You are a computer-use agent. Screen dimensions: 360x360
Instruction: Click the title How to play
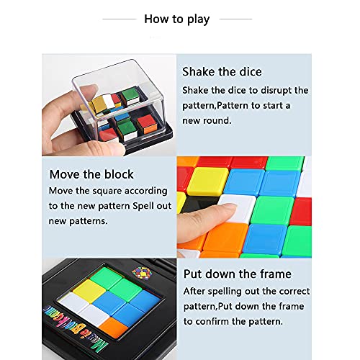point(177,19)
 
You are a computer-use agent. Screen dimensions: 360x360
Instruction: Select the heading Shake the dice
point(222,72)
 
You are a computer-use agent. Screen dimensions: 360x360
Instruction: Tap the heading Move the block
point(91,174)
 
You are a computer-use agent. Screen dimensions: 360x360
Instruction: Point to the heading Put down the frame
point(238,274)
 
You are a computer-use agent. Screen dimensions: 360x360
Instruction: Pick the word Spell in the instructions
point(143,206)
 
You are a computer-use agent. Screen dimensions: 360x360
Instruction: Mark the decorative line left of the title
point(120,19)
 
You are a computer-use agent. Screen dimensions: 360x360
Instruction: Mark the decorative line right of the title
point(235,19)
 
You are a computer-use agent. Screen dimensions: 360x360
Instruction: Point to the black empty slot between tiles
point(199,204)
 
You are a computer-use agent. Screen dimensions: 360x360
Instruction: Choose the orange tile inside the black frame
point(114,327)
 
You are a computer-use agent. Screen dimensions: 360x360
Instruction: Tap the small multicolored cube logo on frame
point(142,273)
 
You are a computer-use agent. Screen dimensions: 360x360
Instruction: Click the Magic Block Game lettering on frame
point(76,328)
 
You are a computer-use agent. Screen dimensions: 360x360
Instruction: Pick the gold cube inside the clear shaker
point(98,104)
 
